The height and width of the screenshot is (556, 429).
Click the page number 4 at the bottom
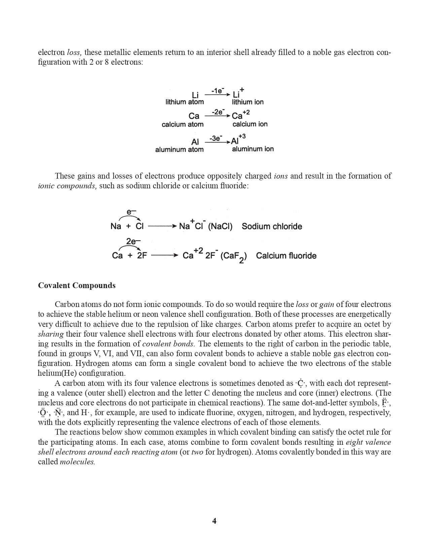click(x=214, y=521)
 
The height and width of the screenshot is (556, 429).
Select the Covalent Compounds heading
click(x=77, y=285)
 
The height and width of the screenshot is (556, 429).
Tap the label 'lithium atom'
click(x=184, y=102)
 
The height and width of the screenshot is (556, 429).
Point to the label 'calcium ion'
click(x=250, y=124)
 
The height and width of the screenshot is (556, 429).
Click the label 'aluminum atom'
click(x=179, y=149)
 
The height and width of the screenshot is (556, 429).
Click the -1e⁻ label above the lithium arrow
click(x=218, y=91)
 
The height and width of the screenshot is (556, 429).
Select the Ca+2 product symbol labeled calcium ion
click(x=241, y=115)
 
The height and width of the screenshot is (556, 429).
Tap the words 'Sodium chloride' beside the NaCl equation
click(x=272, y=226)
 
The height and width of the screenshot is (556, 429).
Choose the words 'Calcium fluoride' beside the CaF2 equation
click(x=286, y=256)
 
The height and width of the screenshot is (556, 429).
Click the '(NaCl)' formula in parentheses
click(x=220, y=226)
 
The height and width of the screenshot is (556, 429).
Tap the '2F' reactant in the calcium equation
click(x=142, y=256)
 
